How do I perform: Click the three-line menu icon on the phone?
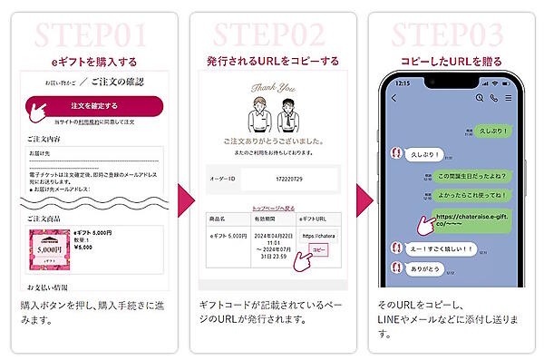(509, 97)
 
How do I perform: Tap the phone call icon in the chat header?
(494, 97)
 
